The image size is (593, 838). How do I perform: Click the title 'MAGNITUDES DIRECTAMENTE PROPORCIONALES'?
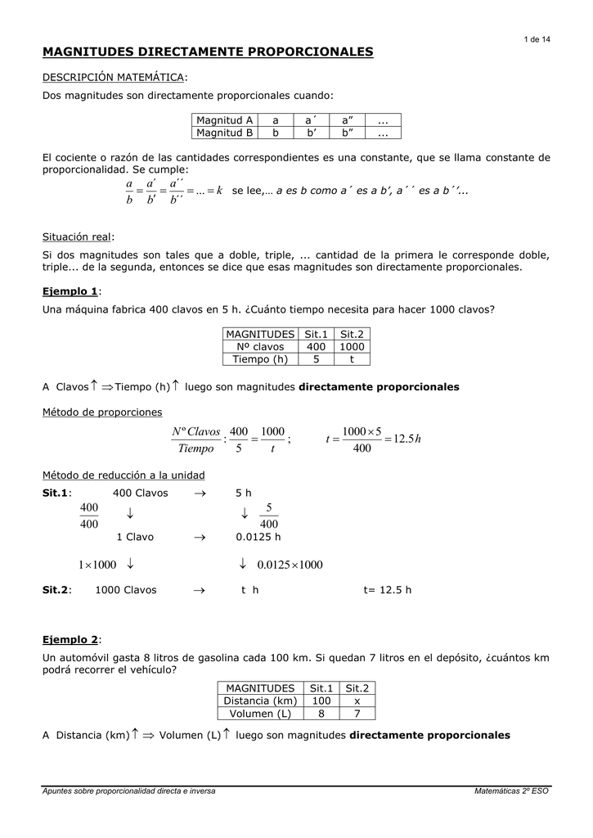click(x=207, y=52)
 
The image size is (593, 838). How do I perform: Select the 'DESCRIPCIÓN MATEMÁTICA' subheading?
click(x=114, y=77)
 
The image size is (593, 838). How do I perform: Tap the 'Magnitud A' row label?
click(x=224, y=120)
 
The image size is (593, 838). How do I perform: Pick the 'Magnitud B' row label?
click(x=224, y=132)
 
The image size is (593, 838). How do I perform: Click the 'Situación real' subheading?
click(x=78, y=237)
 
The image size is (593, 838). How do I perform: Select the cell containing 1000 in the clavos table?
click(x=353, y=347)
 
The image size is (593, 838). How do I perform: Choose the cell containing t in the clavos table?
click(x=353, y=358)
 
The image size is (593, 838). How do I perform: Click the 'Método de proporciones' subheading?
click(x=102, y=412)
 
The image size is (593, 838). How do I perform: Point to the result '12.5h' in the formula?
click(x=406, y=439)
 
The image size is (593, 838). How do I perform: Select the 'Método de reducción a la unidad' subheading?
click(x=124, y=475)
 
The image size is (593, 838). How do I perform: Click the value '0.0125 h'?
click(x=258, y=538)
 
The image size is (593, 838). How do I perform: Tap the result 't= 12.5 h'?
click(x=388, y=589)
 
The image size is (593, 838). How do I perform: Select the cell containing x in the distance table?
click(x=357, y=701)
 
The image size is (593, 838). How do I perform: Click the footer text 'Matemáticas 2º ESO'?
click(x=511, y=791)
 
